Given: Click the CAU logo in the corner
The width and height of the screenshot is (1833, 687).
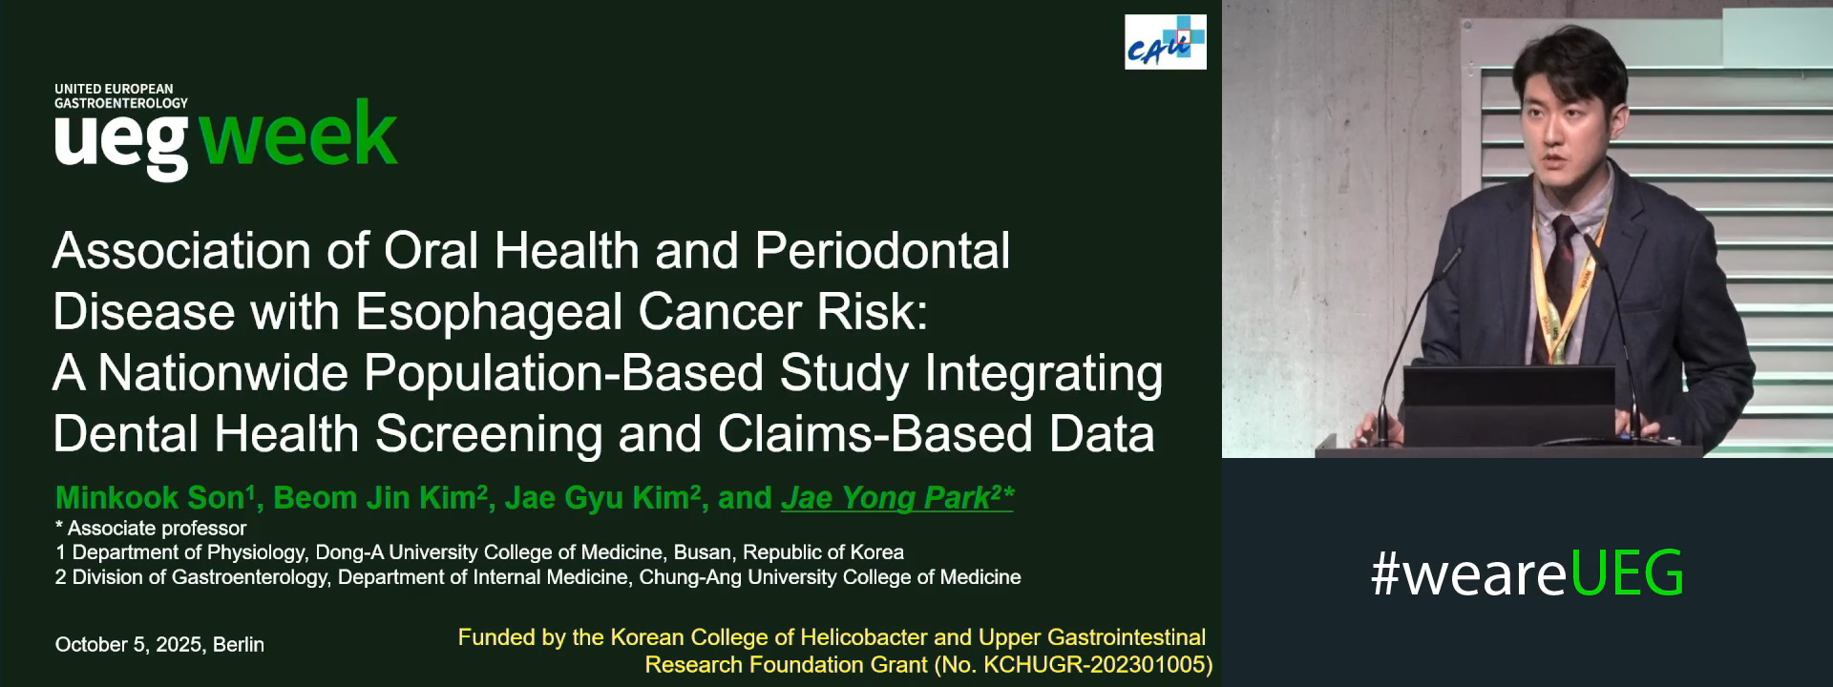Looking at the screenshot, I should (1165, 42).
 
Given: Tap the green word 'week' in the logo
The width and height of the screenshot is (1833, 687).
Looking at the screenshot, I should (298, 135).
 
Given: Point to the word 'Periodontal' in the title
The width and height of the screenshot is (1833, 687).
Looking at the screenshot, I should (882, 251).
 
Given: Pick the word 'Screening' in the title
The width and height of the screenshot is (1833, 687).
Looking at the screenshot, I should (489, 434).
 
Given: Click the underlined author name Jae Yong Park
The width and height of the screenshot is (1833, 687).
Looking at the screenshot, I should (885, 497).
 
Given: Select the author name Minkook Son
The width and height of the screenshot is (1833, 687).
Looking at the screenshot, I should (150, 497).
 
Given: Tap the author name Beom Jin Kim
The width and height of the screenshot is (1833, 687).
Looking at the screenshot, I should (374, 497).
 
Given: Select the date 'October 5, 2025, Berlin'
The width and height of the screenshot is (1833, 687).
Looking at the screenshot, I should (159, 644).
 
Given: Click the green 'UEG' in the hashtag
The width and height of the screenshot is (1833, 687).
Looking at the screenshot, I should (1626, 573).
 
